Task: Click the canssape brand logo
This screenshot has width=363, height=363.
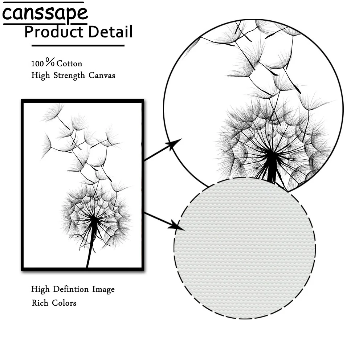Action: pyautogui.click(x=45, y=13)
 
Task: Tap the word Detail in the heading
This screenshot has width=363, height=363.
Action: pyautogui.click(x=110, y=32)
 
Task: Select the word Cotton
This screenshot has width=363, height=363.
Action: pyautogui.click(x=69, y=64)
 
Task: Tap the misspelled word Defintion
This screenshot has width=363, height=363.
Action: pyautogui.click(x=71, y=289)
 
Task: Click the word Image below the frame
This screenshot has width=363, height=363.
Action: pyautogui.click(x=103, y=290)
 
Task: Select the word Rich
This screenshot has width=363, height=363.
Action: pyautogui.click(x=40, y=303)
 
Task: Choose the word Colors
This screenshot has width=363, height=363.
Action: pyautogui.click(x=64, y=303)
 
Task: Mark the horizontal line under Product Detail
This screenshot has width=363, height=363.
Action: pyautogui.click(x=78, y=46)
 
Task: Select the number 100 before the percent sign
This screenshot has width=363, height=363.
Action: pyautogui.click(x=37, y=64)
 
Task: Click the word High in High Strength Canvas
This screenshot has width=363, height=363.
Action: pyautogui.click(x=40, y=76)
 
